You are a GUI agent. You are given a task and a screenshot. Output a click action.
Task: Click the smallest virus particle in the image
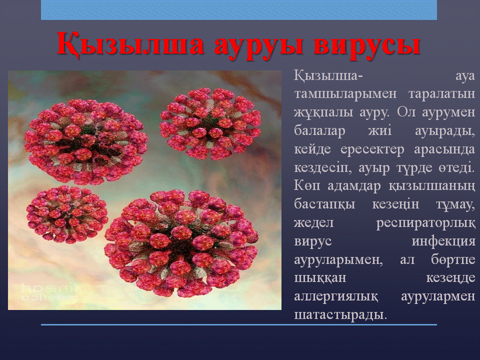(x=67, y=214)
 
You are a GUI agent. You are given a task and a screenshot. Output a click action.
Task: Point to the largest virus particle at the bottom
(x=181, y=243)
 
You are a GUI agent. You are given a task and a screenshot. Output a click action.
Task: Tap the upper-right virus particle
(x=210, y=123)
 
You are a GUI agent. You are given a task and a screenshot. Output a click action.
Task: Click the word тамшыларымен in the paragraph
(x=345, y=94)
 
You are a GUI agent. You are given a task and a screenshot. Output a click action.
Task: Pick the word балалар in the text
(x=319, y=130)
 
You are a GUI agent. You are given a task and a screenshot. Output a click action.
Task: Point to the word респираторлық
(x=426, y=223)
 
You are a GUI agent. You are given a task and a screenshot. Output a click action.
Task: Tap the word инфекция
(x=443, y=241)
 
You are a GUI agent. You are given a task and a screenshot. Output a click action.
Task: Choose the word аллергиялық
(x=336, y=296)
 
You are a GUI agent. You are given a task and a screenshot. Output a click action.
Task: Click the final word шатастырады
(x=340, y=315)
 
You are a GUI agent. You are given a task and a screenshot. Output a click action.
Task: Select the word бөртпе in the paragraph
(x=453, y=260)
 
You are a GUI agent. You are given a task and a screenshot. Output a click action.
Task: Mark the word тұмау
(x=455, y=205)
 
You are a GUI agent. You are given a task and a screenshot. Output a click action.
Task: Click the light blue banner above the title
(x=239, y=10)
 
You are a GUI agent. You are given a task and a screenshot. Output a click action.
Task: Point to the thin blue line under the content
(x=239, y=325)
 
